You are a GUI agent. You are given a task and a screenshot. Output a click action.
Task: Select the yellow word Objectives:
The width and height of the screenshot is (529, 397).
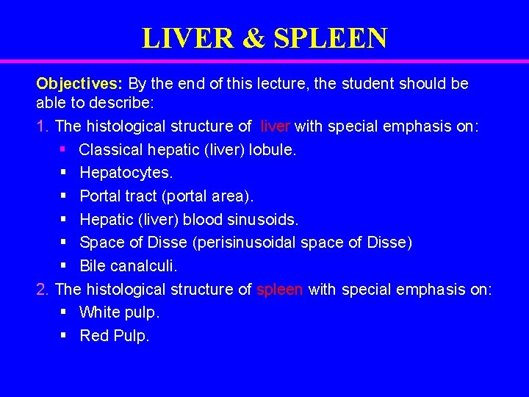click(x=81, y=83)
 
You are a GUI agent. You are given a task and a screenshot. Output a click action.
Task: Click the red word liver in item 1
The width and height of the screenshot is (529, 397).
click(x=276, y=127)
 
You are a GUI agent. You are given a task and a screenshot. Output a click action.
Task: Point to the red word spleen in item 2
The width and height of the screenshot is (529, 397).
click(x=279, y=289)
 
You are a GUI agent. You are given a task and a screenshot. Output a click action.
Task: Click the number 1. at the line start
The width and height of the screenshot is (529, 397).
click(x=43, y=127)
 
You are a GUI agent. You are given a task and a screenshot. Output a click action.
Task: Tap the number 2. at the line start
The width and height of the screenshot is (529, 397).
click(x=44, y=289)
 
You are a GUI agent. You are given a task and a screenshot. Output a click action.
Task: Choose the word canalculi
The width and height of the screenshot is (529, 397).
click(x=143, y=265)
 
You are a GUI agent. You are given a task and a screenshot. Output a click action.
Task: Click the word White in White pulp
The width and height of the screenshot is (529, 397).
click(x=100, y=312)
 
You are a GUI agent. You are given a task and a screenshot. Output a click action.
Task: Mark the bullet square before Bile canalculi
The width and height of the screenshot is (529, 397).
click(x=64, y=265)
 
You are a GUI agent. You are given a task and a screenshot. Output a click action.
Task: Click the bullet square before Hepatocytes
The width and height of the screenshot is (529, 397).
click(x=64, y=174)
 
